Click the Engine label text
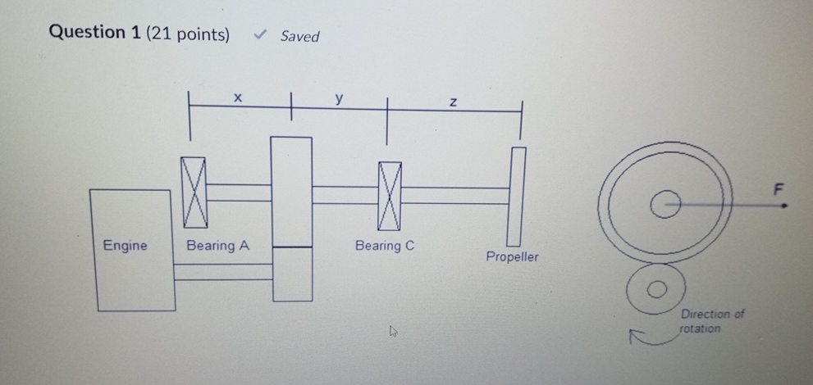pyautogui.click(x=126, y=245)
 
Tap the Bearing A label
pyautogui.click(x=217, y=245)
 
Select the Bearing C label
pyautogui.click(x=385, y=245)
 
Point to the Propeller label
pyautogui.click(x=512, y=257)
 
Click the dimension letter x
pyautogui.click(x=238, y=98)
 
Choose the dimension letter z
pyautogui.click(x=452, y=102)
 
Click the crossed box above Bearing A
pyautogui.click(x=195, y=193)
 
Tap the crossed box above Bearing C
pyautogui.click(x=390, y=195)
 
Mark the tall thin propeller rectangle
pyautogui.click(x=515, y=196)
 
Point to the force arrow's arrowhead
pyautogui.click(x=784, y=206)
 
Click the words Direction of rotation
pyautogui.click(x=711, y=321)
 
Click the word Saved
pyautogui.click(x=299, y=36)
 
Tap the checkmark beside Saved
pyautogui.click(x=261, y=35)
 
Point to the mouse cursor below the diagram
pyautogui.click(x=394, y=331)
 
